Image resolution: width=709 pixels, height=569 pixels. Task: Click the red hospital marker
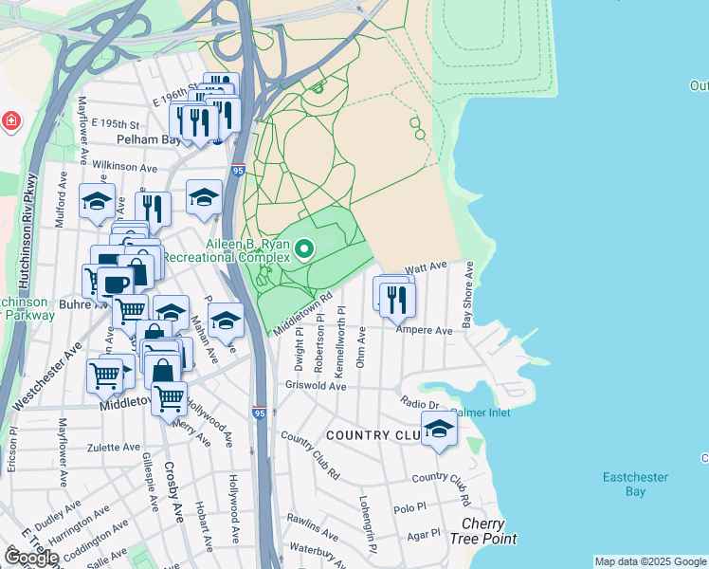(10, 121)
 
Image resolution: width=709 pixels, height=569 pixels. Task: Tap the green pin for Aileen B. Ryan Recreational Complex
(304, 249)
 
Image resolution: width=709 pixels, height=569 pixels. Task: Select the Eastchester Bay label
(635, 484)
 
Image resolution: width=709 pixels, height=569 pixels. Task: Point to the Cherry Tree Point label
(489, 531)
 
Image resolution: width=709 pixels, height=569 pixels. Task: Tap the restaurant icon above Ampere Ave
(398, 299)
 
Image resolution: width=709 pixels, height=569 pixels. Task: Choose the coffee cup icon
(117, 284)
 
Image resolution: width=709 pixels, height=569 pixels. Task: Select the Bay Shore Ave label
(467, 296)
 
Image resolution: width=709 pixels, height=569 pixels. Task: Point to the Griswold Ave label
(316, 386)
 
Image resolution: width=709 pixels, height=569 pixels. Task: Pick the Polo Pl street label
(410, 508)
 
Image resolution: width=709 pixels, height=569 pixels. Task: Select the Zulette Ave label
(112, 447)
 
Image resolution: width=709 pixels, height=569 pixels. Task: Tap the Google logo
(31, 558)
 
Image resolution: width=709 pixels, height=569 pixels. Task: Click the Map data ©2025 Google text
(649, 561)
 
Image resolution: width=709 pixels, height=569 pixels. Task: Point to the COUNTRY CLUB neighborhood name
(371, 435)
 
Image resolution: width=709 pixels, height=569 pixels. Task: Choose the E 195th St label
(108, 124)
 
